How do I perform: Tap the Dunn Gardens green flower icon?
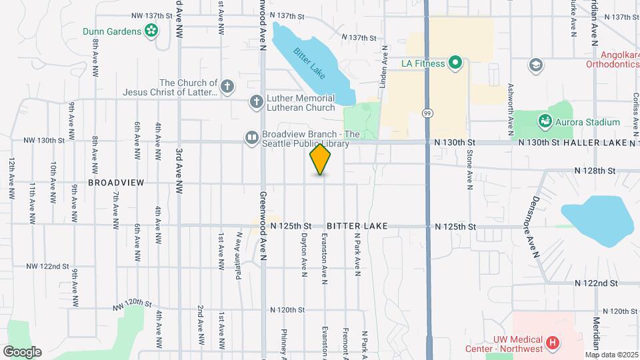point(151,30)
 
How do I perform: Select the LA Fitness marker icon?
point(455,64)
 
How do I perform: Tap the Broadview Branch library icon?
point(251,137)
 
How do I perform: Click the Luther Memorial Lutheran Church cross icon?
point(256,102)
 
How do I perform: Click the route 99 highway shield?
point(427,114)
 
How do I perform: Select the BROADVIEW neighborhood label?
point(108,182)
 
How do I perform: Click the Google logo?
point(22,351)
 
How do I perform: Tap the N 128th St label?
point(597,171)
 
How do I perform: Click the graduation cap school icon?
point(535,65)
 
